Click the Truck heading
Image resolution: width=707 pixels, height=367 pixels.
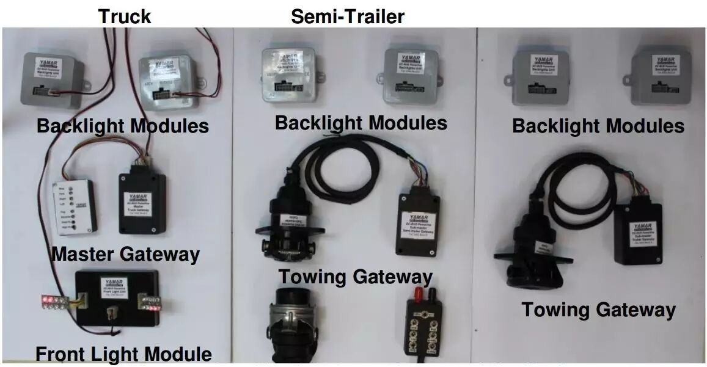point(125,16)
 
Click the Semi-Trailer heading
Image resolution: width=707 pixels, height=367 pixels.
point(347,16)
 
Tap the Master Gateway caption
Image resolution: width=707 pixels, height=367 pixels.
point(125,253)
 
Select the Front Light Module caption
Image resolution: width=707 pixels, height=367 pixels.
point(123,354)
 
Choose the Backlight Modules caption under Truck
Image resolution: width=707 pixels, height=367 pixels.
point(123,126)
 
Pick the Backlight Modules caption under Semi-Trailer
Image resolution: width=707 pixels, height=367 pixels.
point(361,123)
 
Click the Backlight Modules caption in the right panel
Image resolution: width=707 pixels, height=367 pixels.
point(598,126)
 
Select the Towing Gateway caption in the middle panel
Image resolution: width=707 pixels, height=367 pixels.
point(356,277)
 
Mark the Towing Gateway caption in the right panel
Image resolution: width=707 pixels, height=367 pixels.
point(598,310)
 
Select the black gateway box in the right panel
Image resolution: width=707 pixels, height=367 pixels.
point(637,233)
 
